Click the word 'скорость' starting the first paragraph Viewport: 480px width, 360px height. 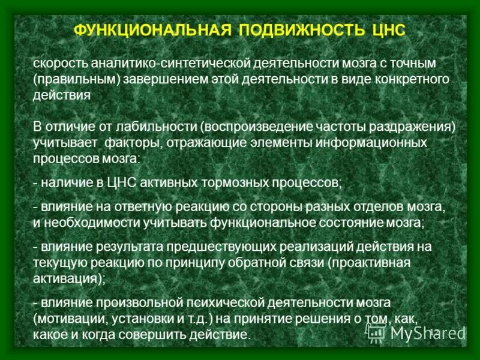(x=59, y=64)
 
